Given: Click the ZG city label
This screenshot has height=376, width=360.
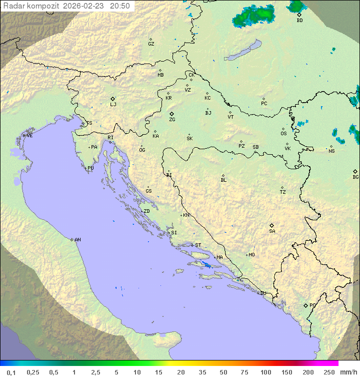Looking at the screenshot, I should click(172, 120).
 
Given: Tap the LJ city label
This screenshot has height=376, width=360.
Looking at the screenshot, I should click(113, 105).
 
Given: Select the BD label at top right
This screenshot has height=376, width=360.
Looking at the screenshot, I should click(299, 21).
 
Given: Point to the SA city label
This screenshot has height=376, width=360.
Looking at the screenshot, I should click(272, 231).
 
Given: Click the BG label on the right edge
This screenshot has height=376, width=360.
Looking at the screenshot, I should click(355, 177).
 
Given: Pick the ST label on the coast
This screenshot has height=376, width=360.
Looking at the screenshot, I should click(198, 245).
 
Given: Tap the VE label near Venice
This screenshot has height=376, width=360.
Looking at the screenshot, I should click(29, 136).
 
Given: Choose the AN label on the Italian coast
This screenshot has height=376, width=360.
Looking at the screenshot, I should click(77, 240).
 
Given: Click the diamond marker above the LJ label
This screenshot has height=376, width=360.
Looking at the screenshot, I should click(113, 99).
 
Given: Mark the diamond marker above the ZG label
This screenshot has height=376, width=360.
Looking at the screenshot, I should click(171, 114).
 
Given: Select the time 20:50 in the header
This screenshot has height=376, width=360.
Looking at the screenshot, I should click(120, 6).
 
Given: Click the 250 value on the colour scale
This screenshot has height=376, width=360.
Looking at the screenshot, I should click(328, 372).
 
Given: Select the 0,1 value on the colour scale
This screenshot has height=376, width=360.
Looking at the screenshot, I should click(11, 372).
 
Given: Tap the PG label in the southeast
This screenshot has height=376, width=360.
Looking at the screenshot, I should click(312, 305).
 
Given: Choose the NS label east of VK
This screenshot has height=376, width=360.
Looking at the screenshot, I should click(332, 151).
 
